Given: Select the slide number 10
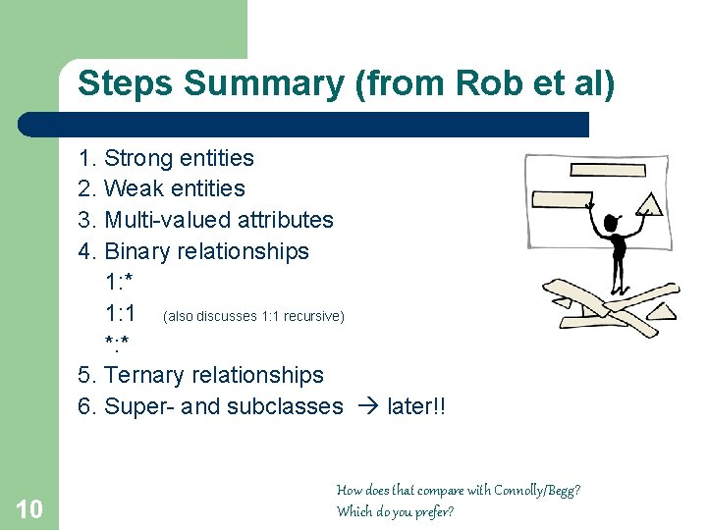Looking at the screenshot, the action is click(x=29, y=508).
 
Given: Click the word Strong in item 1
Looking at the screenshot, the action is click(x=137, y=158).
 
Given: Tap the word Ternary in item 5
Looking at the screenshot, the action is click(x=146, y=375).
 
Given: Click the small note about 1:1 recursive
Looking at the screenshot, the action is click(x=253, y=316).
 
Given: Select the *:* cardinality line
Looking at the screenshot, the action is click(x=118, y=344).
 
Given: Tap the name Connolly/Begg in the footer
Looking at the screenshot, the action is click(x=536, y=490).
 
